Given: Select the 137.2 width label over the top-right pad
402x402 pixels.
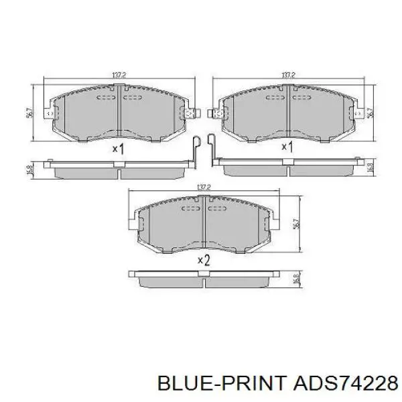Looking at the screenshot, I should click(x=289, y=76).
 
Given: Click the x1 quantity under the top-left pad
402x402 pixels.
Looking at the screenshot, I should click(x=118, y=149).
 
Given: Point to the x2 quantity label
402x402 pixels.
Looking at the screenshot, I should click(x=204, y=260).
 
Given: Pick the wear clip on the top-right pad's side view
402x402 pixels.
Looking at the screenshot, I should click(x=212, y=149).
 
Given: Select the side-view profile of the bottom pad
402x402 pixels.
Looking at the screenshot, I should click(x=204, y=277).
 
